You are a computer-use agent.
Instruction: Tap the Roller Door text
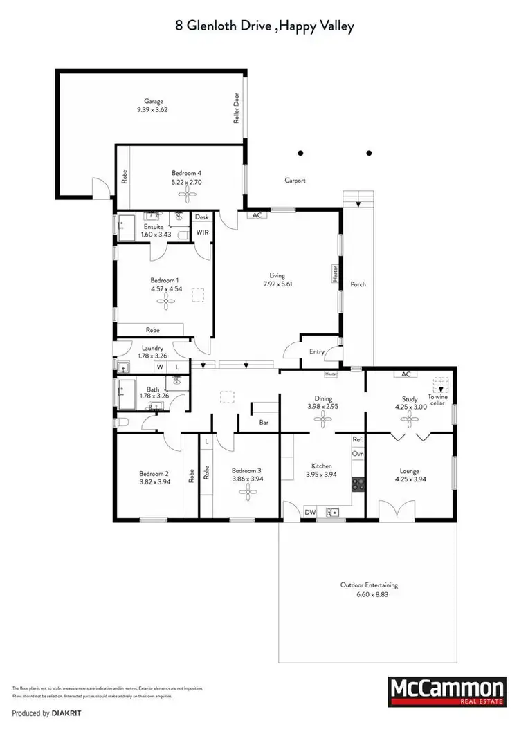point(236,109)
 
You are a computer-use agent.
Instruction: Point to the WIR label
point(202,232)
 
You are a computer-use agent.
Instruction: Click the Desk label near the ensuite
point(201,217)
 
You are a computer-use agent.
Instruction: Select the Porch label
point(358,284)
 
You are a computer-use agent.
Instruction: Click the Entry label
point(317,352)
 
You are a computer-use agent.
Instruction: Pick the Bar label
point(264,421)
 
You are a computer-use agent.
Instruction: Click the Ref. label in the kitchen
point(358,439)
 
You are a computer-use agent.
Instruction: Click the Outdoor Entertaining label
point(369,585)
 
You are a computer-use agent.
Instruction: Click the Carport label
point(295,181)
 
